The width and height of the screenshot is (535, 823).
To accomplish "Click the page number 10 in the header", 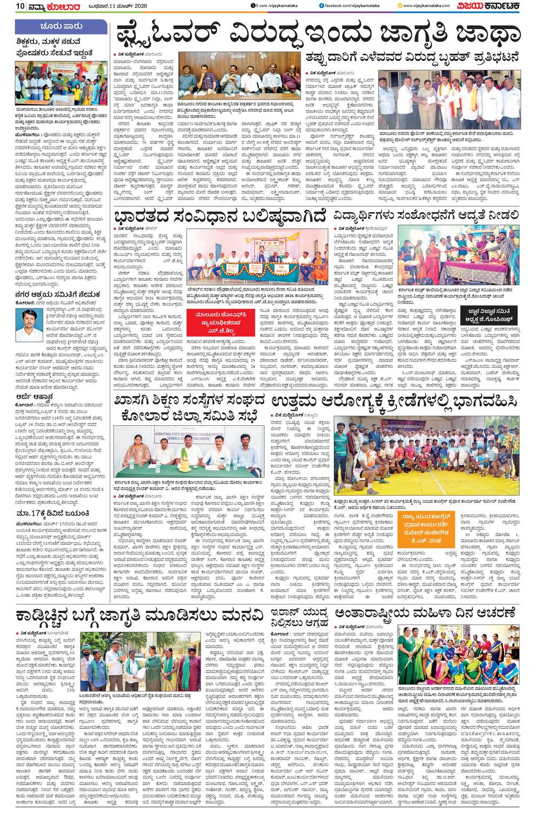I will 20,6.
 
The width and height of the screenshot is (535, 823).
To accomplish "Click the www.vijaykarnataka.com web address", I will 430,6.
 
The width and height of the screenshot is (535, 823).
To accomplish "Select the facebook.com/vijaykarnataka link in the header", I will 351,6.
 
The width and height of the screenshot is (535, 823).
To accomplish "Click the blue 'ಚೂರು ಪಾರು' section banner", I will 61,26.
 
